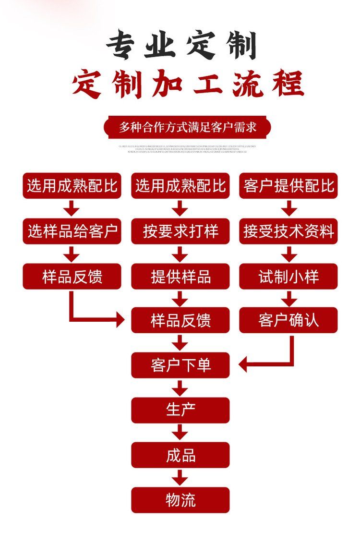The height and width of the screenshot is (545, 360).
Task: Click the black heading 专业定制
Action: click(181, 46)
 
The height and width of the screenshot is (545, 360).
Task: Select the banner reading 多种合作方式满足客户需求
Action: click(188, 127)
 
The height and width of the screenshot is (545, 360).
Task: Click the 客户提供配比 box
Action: click(288, 186)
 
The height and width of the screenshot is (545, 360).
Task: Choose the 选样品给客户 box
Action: click(72, 231)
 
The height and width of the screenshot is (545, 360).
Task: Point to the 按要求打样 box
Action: click(180, 231)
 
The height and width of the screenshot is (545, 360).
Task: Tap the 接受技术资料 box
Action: click(288, 231)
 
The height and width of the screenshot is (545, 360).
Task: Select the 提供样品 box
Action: click(180, 277)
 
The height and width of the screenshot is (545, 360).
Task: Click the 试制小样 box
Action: click(288, 277)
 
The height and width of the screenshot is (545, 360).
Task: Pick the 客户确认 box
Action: click(288, 320)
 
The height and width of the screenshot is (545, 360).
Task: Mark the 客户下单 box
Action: click(180, 365)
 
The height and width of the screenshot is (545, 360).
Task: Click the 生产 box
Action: click(180, 410)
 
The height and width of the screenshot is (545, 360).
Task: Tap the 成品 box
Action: click(180, 455)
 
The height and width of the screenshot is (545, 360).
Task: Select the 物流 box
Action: click(180, 500)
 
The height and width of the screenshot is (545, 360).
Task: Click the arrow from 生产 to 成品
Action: click(180, 432)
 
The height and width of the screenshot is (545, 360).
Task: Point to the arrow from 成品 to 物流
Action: click(180, 477)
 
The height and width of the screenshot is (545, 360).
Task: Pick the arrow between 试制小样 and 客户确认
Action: click(288, 299)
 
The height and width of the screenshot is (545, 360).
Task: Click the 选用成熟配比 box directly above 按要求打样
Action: click(180, 186)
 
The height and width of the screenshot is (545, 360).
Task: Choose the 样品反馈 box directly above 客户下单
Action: click(180, 320)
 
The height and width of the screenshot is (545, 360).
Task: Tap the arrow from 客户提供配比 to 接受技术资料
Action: click(288, 208)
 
